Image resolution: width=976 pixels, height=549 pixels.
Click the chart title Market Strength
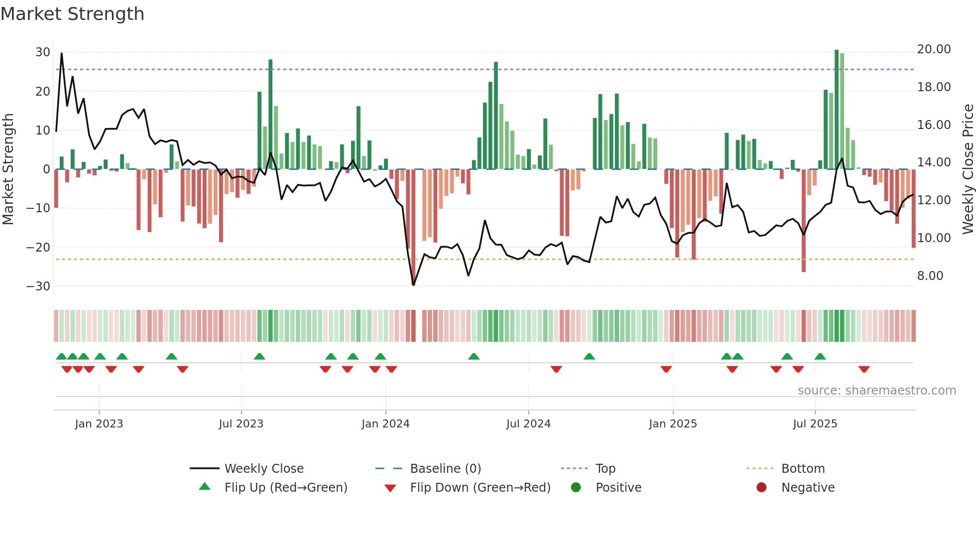click(x=73, y=14)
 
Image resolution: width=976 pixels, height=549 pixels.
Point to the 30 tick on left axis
click(x=43, y=52)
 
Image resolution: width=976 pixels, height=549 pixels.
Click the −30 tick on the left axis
click(x=38, y=286)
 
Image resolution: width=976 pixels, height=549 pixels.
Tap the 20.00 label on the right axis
click(x=934, y=49)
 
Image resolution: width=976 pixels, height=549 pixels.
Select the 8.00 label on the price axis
click(x=930, y=276)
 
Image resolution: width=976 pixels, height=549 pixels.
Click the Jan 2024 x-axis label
click(x=385, y=424)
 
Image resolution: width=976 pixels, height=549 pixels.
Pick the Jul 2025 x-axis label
click(x=815, y=424)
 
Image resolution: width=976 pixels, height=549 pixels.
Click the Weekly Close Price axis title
click(x=968, y=169)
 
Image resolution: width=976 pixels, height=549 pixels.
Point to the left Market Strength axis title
click(x=8, y=169)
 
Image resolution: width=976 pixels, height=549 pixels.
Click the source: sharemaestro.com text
click(x=876, y=391)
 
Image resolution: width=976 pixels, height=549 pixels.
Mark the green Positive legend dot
click(x=576, y=488)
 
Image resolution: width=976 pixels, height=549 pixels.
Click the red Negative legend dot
click(x=761, y=488)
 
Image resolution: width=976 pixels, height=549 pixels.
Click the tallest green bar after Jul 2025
click(x=837, y=110)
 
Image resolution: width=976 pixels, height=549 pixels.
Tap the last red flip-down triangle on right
click(x=864, y=369)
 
